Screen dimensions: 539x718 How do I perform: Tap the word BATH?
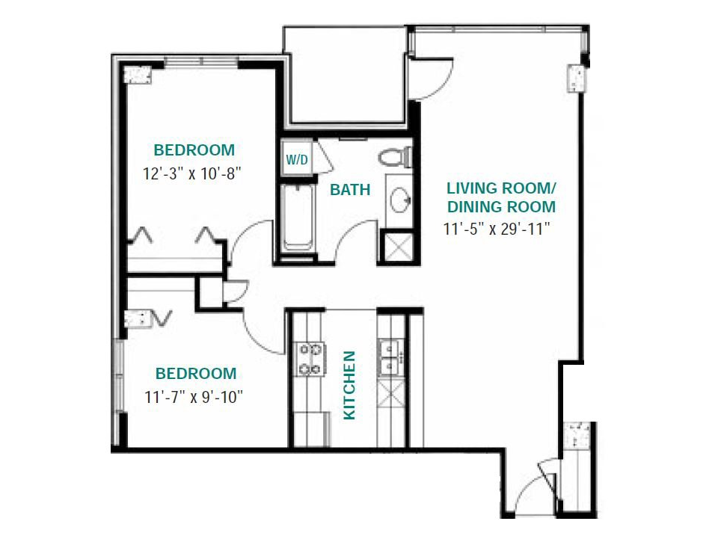[x=350, y=190]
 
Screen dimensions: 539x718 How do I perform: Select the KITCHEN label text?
[x=349, y=385]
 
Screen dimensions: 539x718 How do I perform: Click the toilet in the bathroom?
[x=395, y=158]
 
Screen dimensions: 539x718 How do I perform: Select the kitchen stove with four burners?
[x=310, y=358]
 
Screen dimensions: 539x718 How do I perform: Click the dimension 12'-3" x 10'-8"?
[x=194, y=173]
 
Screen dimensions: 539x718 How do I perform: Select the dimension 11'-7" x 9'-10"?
[x=194, y=396]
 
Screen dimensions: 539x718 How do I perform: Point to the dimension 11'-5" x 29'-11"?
[x=497, y=230]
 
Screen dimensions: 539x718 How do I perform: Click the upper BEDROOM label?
[x=194, y=150]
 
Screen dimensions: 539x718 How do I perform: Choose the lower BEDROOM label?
[x=195, y=373]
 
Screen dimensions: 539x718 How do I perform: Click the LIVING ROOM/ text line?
[x=501, y=187]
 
